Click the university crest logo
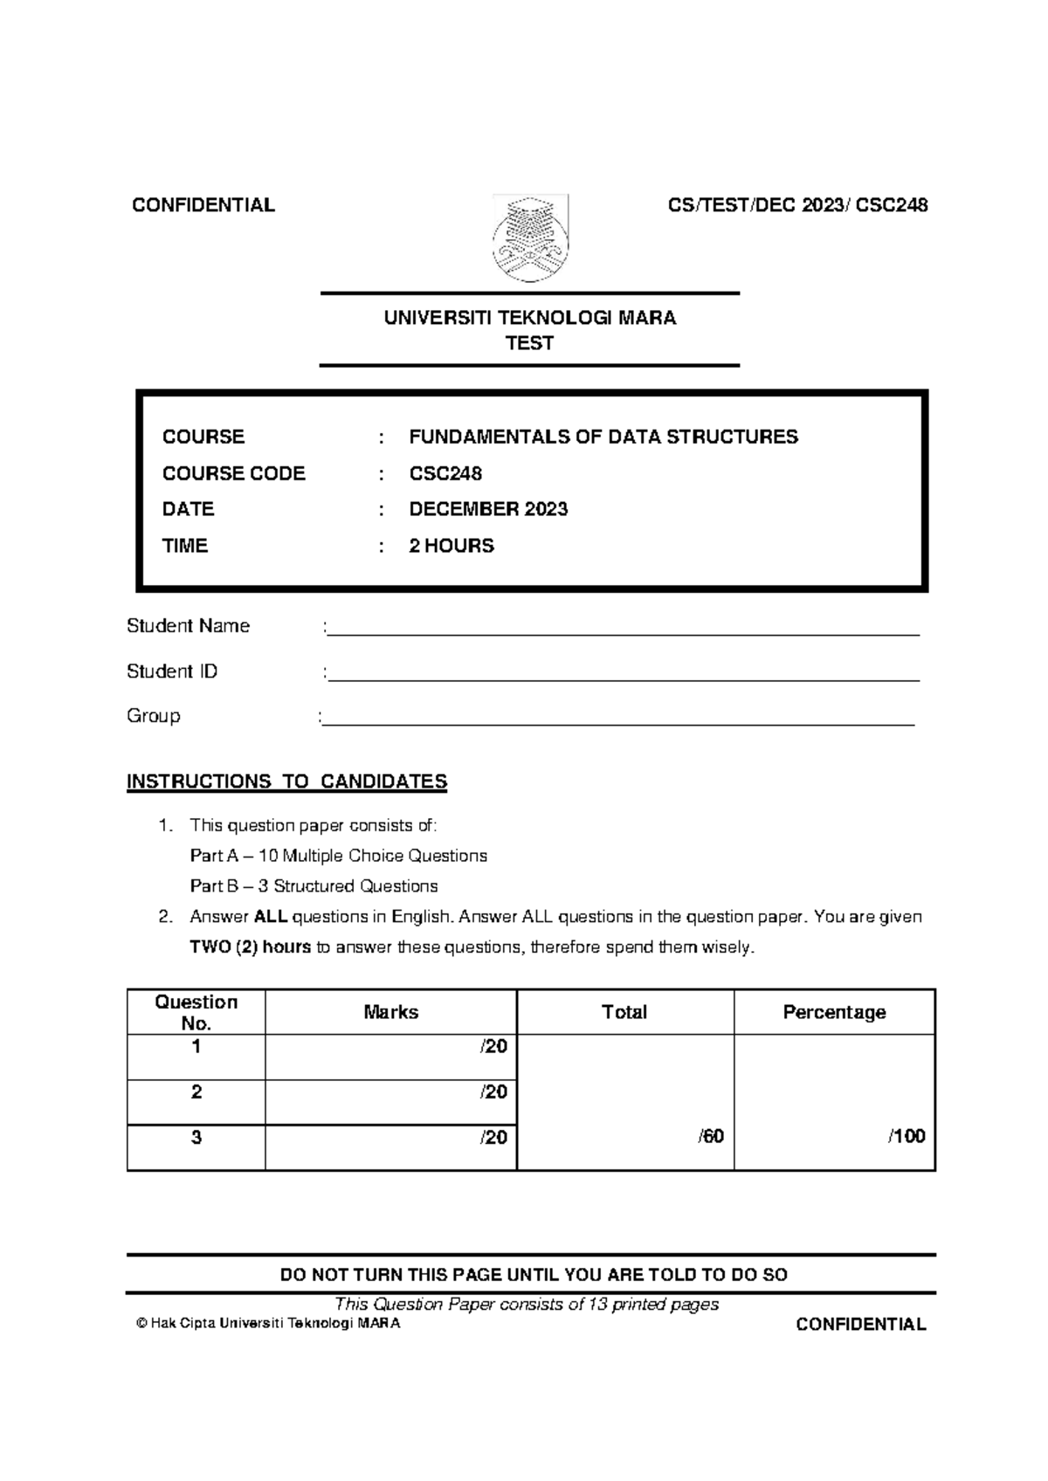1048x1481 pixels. coord(530,238)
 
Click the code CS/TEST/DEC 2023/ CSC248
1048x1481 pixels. coord(797,205)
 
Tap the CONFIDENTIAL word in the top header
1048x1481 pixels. coord(203,205)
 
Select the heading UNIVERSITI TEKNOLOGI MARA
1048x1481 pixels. coord(530,318)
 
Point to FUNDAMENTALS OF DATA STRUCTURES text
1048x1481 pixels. coord(603,437)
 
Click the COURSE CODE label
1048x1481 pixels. coord(233,473)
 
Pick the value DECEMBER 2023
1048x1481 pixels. coord(488,509)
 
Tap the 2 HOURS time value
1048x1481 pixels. coord(452,546)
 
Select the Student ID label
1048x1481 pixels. coord(172,672)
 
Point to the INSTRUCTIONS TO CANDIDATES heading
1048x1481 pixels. coord(286,782)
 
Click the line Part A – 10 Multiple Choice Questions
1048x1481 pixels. coord(338,856)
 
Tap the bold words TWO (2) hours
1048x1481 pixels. coord(250,947)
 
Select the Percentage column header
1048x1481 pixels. coord(834,1012)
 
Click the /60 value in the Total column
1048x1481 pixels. coord(711,1136)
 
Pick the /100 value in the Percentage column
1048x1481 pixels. coord(907,1136)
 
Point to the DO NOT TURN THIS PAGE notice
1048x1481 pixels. coord(533,1275)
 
